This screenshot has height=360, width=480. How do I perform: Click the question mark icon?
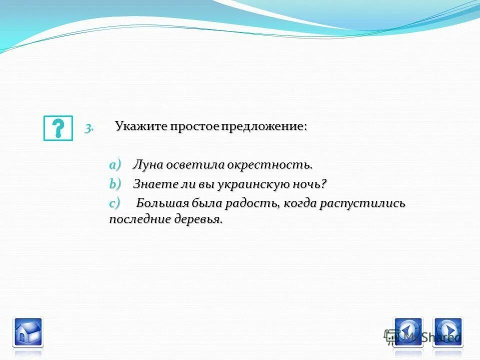(58, 128)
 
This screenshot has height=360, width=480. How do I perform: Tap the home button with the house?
(27, 332)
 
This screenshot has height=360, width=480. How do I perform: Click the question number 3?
(88, 128)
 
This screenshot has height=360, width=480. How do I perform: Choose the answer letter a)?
(115, 164)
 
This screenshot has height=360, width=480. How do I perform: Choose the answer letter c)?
(115, 203)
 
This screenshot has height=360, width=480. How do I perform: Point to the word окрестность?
(269, 165)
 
